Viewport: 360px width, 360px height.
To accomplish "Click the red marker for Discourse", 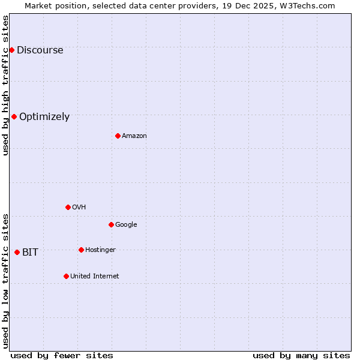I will coord(11,50).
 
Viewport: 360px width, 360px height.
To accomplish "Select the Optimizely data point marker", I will coord(14,116).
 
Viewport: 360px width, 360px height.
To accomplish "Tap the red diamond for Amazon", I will coord(118,136).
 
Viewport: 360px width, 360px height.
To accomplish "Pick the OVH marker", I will coord(68,207).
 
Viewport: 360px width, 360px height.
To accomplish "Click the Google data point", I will coord(111,224).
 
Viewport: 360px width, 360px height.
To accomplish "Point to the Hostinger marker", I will coord(81,250).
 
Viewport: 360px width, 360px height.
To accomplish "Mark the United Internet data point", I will coord(66,276).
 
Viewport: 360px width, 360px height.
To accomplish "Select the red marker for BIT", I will coord(17,252).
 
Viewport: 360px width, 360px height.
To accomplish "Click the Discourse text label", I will coord(40,50).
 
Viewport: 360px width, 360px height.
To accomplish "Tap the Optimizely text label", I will coord(44,116).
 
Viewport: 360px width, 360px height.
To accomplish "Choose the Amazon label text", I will coord(134,136).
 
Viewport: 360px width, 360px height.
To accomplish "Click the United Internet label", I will coord(94,276).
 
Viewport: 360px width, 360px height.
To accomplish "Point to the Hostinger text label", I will coord(100,250).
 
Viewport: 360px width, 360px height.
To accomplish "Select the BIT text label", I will coord(30,252).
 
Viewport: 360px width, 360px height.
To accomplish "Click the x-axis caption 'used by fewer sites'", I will coord(62,355).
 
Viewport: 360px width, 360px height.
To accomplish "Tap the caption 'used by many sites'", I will coord(301,355).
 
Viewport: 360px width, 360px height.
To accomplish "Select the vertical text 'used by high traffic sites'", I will coord(5,85).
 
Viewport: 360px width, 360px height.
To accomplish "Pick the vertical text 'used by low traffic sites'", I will coord(5,281).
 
